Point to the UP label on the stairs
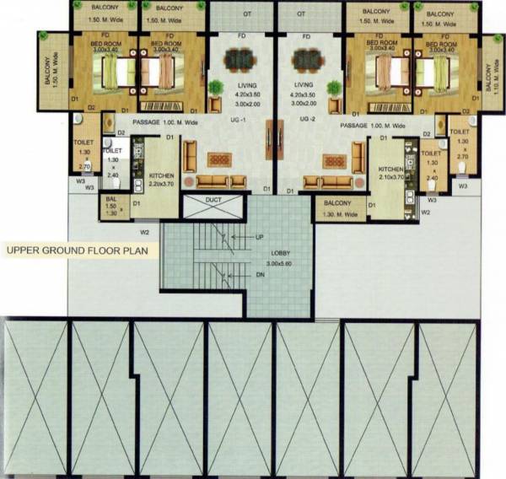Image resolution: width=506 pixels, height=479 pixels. click(260, 238)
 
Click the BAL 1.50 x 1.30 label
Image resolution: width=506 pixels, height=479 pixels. click(110, 206)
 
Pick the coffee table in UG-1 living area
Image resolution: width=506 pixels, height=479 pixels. click(218, 160)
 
